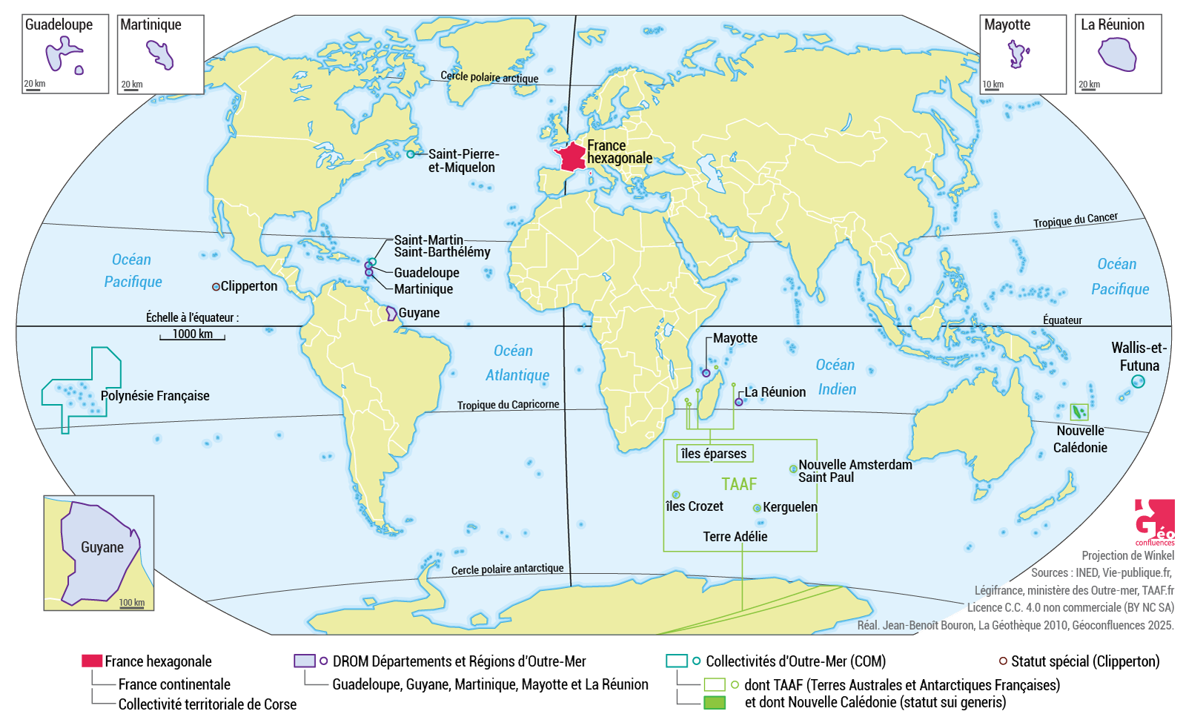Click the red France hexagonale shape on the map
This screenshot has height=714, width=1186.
(x=572, y=157)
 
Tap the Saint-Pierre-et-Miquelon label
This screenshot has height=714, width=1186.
(x=463, y=161)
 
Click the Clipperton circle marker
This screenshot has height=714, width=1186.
(x=216, y=286)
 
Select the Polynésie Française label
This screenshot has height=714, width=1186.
(x=155, y=396)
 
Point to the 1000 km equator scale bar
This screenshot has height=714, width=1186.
(x=192, y=335)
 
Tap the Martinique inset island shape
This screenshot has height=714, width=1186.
(x=160, y=55)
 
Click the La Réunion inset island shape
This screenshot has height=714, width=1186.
(x=1117, y=55)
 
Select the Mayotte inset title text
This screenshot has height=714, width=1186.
(x=1007, y=24)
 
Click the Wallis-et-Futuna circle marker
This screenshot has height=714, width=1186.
(x=1138, y=382)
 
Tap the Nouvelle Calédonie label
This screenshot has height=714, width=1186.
(x=1080, y=439)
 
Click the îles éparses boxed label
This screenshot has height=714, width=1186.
(x=714, y=454)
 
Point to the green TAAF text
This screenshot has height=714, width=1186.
(x=739, y=484)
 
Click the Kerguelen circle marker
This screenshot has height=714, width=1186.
(x=757, y=508)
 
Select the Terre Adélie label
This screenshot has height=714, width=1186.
(x=735, y=537)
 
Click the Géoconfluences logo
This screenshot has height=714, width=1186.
(x=1154, y=521)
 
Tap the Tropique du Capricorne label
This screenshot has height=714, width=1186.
(x=508, y=405)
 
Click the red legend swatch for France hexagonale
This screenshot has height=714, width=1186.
(x=91, y=661)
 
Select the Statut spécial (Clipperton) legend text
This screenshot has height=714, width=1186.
(x=1084, y=661)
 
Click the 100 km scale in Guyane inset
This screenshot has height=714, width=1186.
(x=132, y=603)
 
